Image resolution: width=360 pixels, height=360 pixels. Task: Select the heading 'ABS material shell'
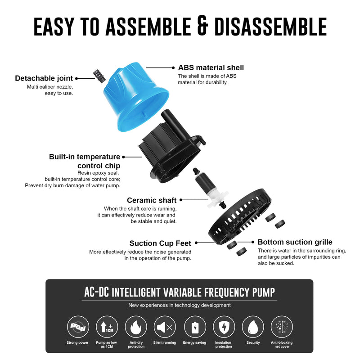[x=211, y=67]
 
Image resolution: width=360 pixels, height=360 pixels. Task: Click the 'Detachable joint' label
[x=44, y=78]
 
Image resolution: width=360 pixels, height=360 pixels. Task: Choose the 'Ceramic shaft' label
[x=152, y=200]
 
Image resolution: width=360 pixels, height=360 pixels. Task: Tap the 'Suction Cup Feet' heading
[x=160, y=243]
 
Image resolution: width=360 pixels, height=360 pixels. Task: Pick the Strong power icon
[x=78, y=327]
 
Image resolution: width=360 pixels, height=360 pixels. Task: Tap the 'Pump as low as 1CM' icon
[x=107, y=327]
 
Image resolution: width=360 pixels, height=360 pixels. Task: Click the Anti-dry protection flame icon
[x=136, y=327]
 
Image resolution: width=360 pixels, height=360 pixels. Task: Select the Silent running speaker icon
[x=165, y=327]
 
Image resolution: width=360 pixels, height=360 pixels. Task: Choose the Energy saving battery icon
[x=194, y=327]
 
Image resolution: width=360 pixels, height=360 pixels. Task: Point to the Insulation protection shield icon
[x=224, y=327]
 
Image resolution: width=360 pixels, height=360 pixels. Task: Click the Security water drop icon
[x=253, y=327]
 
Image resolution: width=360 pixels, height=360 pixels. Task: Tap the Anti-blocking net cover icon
[x=282, y=327]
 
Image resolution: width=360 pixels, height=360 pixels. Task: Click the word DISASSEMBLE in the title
[x=270, y=27]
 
